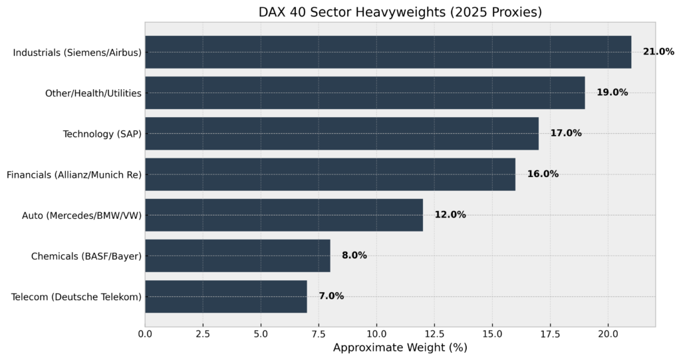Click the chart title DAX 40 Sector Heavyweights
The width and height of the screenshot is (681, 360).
coord(400,13)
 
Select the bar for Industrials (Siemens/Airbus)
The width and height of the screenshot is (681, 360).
coord(388,52)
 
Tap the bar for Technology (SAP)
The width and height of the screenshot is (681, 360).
coord(342,133)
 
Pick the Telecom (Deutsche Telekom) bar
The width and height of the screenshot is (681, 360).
coord(226,296)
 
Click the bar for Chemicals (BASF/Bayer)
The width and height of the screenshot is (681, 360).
coord(237,256)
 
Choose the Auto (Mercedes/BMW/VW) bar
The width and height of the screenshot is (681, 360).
coord(284,215)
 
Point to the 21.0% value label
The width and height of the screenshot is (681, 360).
coord(658,52)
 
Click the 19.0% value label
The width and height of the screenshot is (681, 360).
coord(612,92)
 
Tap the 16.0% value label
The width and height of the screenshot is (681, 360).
coord(543,174)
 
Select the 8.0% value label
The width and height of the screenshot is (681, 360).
coord(354,256)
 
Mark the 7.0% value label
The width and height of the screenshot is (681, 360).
coord(331,296)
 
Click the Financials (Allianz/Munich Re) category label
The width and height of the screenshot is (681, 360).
coord(74,174)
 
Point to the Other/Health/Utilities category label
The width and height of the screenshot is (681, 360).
coord(93,93)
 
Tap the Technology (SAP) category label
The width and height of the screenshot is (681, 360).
coord(102,134)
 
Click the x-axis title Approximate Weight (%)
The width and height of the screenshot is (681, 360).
coord(400,347)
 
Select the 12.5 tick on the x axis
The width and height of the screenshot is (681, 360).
coord(434,333)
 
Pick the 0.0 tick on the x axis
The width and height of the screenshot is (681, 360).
coord(145,333)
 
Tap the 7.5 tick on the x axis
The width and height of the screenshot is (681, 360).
coord(319,333)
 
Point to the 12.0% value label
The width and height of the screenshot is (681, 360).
coord(450,215)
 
